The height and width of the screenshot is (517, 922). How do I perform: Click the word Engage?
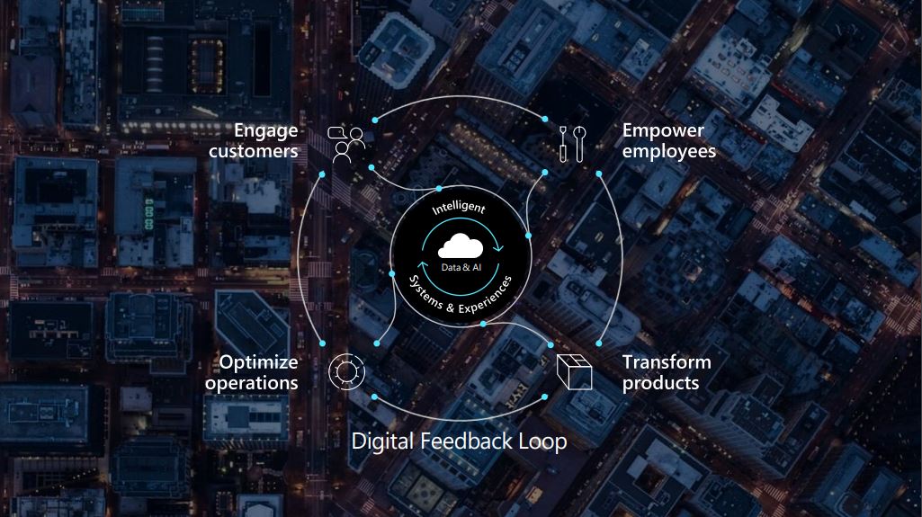[x=265, y=131]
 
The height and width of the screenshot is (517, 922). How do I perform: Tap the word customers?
[x=253, y=151]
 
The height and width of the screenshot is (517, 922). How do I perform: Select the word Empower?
[x=663, y=130]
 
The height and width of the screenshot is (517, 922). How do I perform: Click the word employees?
[x=668, y=151]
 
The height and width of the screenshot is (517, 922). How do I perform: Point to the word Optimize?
[x=258, y=362]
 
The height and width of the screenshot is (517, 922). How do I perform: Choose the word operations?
[x=251, y=383]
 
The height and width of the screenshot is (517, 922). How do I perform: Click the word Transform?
[x=666, y=362]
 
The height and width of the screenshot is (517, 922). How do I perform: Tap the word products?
[x=660, y=383]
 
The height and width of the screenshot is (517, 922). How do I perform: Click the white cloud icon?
[x=461, y=245]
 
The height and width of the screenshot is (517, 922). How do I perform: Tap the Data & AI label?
[x=461, y=267]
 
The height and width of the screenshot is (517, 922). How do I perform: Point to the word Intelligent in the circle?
[x=459, y=209]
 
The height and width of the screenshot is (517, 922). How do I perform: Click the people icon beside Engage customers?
[x=346, y=143]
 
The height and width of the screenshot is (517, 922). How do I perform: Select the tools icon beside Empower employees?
[x=572, y=143]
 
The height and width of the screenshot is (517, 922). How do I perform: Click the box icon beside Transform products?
[x=573, y=372]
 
